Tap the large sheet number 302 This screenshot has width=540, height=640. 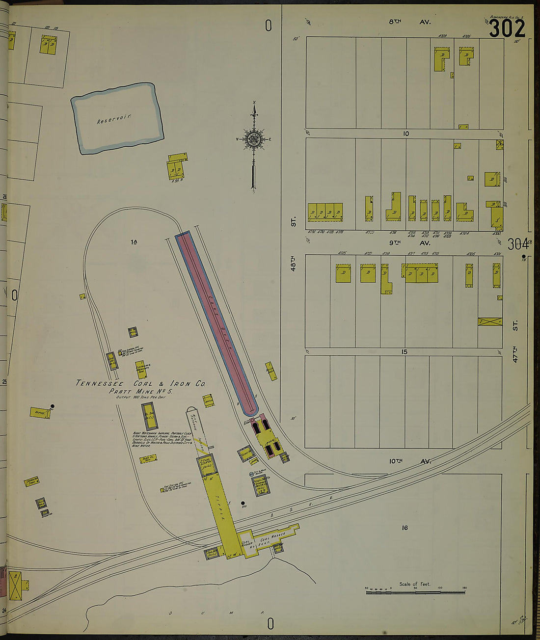tap(507, 28)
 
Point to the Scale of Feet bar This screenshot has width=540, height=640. tap(415, 592)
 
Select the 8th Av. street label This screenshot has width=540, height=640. tap(410, 22)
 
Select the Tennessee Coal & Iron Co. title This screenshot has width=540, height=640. tap(140, 383)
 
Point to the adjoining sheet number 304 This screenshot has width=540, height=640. tap(518, 244)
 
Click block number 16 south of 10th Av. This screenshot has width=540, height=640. tap(405, 528)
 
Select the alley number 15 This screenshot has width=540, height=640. tap(405, 352)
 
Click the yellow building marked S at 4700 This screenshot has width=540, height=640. tap(496, 215)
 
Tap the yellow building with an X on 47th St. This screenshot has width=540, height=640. tap(490, 322)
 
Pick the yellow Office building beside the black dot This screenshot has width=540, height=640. tap(39, 413)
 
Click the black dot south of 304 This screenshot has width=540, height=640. tap(524, 257)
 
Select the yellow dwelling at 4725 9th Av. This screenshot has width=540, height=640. tap(343, 273)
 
